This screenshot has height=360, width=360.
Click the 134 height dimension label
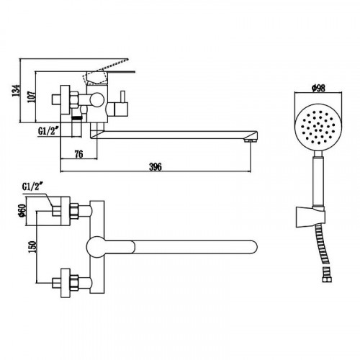17,90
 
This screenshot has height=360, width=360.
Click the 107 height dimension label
32,96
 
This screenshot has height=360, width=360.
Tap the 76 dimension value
78,154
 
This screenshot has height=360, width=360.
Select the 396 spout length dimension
156,167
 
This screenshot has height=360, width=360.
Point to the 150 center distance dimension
32,246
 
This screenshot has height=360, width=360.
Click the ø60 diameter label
22,211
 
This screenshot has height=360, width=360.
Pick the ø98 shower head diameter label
318,88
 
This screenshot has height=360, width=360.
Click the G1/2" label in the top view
32,186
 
